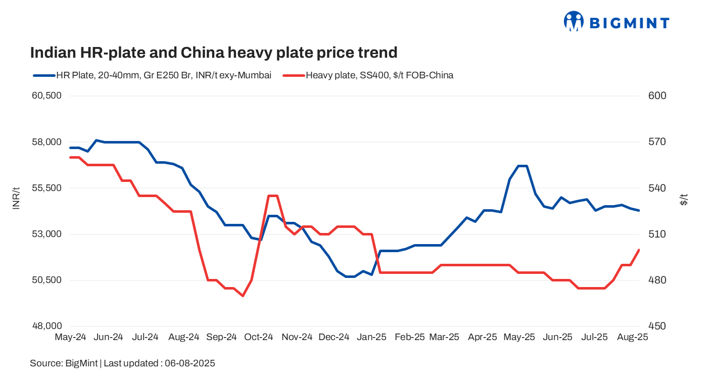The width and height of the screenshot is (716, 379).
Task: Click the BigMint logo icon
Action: [574, 22]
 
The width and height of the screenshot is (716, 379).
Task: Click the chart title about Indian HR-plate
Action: [214, 53]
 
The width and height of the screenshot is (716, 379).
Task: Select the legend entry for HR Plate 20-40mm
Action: [152, 75]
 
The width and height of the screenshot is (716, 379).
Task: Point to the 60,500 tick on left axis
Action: [46, 96]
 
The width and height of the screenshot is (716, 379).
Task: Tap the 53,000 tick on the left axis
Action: [46, 234]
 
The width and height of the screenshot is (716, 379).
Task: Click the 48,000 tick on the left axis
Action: [46, 326]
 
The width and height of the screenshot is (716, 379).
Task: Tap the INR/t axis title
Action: [16, 198]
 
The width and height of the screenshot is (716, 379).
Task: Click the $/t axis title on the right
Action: [684, 199]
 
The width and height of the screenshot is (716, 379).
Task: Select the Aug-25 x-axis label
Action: [633, 337]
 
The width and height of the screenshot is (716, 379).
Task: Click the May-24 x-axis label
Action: [70, 337]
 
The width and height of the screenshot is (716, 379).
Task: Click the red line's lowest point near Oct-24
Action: [243, 296]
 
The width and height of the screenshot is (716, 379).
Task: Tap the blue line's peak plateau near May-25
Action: [522, 166]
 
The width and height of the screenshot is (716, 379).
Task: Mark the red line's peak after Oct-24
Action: [273, 196]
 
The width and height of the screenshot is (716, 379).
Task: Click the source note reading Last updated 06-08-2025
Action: [123, 363]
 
